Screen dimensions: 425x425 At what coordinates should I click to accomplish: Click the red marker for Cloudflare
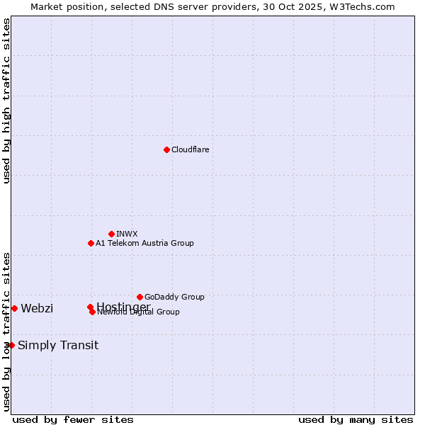166,149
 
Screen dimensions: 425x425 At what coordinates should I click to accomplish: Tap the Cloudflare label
190,149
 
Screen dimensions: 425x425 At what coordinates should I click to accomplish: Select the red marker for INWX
111,234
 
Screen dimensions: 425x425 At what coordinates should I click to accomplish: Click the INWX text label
127,234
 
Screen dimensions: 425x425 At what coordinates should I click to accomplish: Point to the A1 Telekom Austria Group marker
91,243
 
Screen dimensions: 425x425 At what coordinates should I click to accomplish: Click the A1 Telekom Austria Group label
144,243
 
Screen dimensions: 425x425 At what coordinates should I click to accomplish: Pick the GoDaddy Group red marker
140,297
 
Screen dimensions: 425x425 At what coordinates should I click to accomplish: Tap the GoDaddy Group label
174,297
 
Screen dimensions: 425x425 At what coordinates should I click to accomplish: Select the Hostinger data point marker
90,307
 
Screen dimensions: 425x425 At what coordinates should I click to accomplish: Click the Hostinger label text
123,306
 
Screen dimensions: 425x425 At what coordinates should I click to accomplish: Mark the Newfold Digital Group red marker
92,312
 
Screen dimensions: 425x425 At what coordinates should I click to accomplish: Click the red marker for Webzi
14,308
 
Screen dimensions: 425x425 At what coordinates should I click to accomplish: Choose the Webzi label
37,308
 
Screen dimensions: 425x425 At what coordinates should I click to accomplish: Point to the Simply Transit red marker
11,345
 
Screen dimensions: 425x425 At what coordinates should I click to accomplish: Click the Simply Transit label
58,346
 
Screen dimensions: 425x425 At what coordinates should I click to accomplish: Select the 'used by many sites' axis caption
356,420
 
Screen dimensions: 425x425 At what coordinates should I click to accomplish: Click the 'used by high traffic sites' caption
6,101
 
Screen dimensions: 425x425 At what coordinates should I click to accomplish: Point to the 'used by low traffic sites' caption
6,331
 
